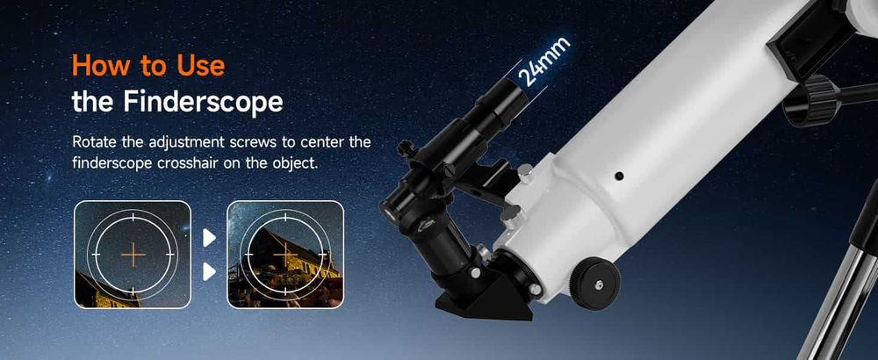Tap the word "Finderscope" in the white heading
click(x=204, y=102)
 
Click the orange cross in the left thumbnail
click(x=133, y=255)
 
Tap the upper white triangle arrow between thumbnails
click(x=209, y=238)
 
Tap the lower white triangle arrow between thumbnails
click(x=209, y=272)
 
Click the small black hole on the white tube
click(x=619, y=176)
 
